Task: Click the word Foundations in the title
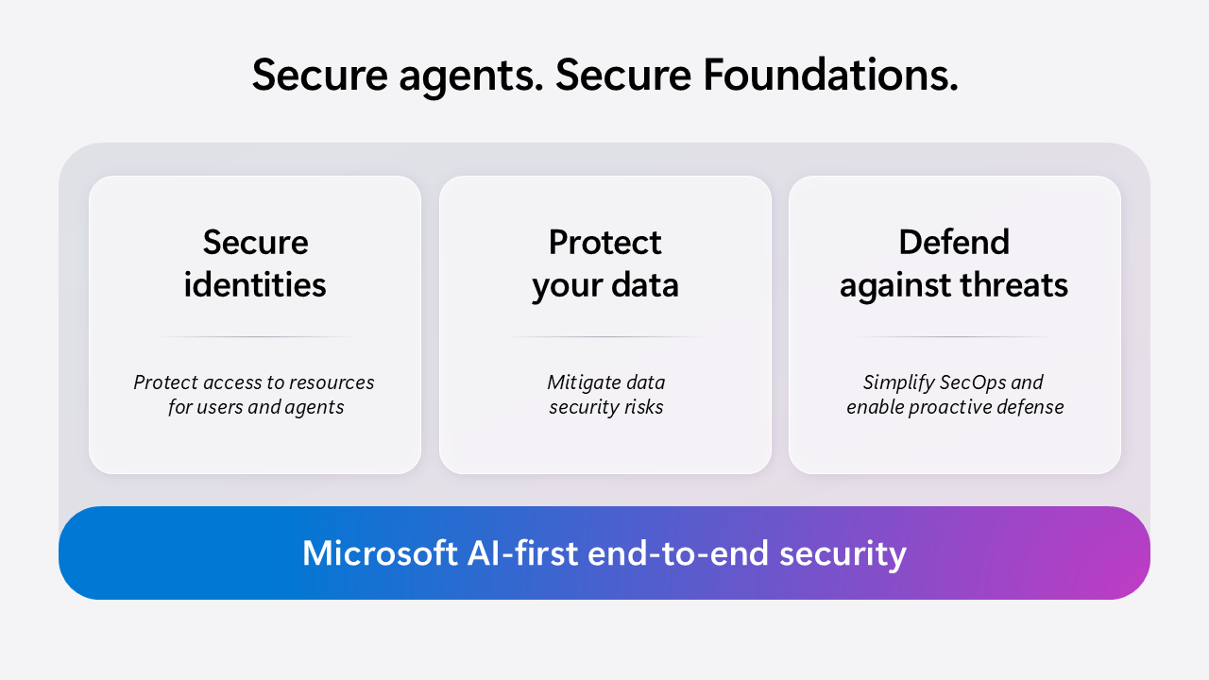[x=829, y=76]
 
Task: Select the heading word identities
[x=255, y=284]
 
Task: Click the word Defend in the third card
[x=954, y=243]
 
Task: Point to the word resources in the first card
[x=330, y=382]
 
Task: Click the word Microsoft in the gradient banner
[x=380, y=553]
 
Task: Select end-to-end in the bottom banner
[x=679, y=553]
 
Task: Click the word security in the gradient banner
[x=843, y=553]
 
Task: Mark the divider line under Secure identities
[x=255, y=337]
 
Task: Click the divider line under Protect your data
[x=605, y=337]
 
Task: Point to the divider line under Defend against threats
[x=954, y=337]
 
